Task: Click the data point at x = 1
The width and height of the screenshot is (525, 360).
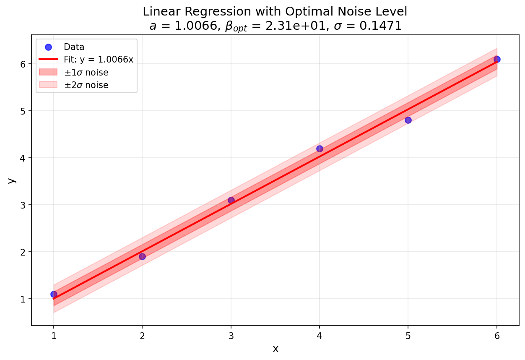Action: coord(54,294)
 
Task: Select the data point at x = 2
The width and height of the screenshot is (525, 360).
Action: coord(142,256)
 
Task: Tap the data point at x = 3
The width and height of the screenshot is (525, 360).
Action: coord(231,200)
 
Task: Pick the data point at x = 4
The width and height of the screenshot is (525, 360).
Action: coord(320,149)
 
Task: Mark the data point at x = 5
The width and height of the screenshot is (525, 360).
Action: coord(408,120)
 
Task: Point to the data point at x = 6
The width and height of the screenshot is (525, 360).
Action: coord(497,59)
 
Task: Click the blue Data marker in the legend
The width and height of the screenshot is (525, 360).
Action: coord(48,47)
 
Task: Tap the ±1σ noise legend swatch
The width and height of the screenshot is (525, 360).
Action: coord(48,72)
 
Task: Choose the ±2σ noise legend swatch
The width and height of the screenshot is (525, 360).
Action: coord(48,85)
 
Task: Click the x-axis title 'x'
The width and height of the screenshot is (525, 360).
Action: coord(275,349)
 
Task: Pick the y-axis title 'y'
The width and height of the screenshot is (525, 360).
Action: coord(12,180)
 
